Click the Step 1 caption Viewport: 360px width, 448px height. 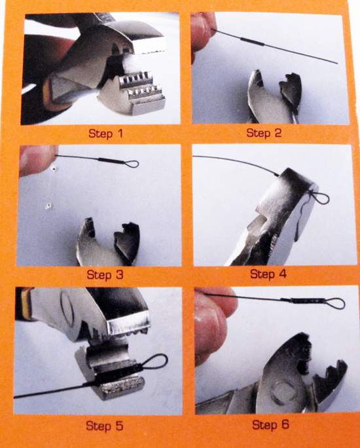(x=105, y=134)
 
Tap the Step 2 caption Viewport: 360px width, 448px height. (x=264, y=133)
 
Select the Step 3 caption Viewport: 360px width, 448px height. (x=105, y=274)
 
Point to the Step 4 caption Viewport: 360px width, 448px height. (x=268, y=274)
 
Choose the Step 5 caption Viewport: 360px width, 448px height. (x=104, y=426)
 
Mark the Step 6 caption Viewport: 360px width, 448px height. (x=270, y=424)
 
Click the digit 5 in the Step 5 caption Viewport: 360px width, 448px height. (x=119, y=426)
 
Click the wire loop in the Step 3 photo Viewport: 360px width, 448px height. (x=131, y=164)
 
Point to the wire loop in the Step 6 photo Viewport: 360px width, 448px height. (x=334, y=304)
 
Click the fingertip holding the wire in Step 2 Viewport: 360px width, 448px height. (x=203, y=30)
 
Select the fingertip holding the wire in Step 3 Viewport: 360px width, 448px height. (x=39, y=159)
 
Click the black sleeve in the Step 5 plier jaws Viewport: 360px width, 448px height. (x=117, y=375)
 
